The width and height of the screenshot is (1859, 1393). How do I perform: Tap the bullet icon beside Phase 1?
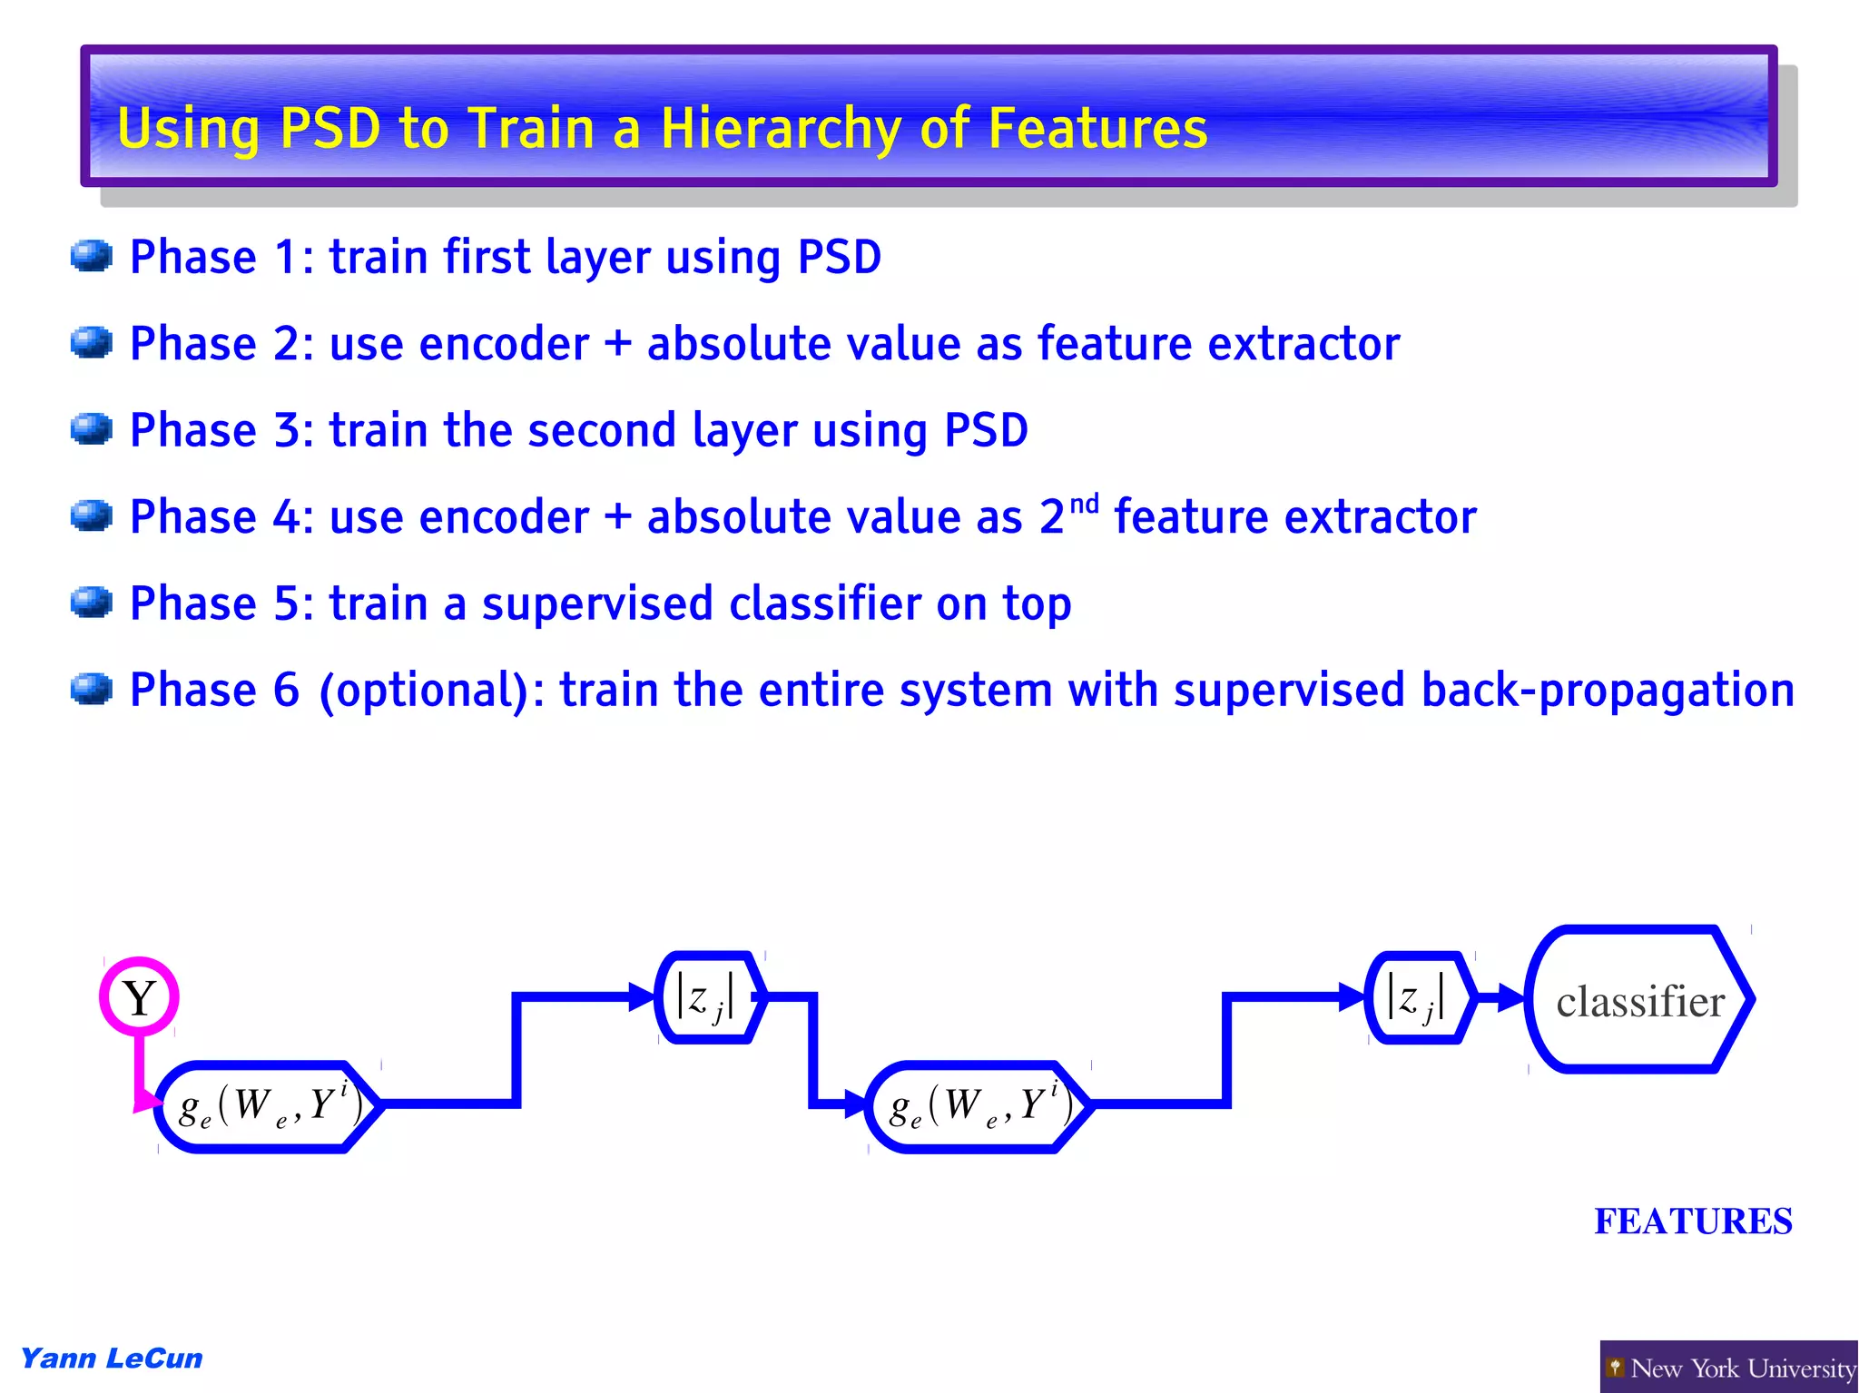92,256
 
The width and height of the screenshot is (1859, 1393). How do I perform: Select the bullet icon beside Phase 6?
92,689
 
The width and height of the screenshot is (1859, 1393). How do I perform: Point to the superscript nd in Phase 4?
1084,504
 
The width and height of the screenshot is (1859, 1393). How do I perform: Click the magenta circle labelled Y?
139,996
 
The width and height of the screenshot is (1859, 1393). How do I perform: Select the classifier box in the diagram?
1639,1000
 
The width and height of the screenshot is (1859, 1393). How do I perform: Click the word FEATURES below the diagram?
1693,1221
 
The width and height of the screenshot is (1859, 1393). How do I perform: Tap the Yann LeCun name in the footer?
112,1359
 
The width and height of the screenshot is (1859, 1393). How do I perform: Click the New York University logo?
1729,1368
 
